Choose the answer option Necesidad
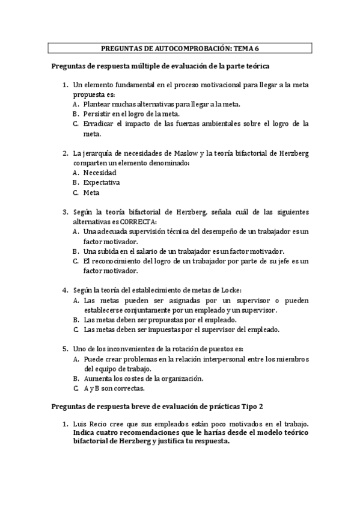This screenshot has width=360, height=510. (100, 172)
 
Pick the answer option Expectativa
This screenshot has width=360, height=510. (102, 182)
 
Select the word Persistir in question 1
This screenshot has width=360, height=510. (97, 114)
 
